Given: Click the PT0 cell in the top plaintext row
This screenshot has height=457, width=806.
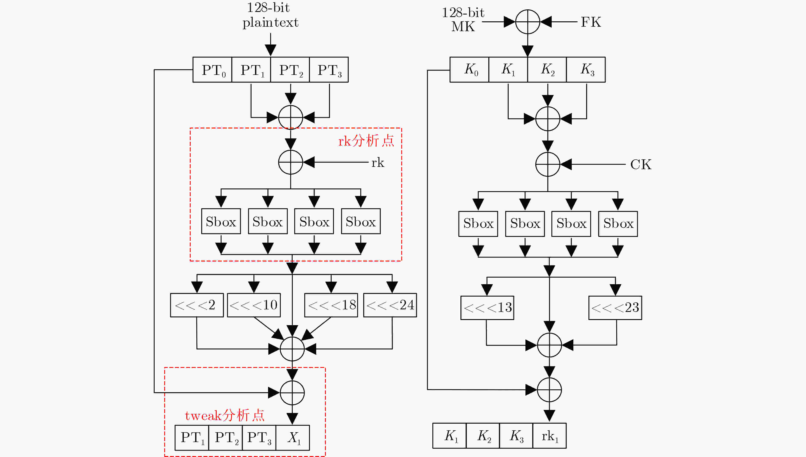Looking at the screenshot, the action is coord(212,70).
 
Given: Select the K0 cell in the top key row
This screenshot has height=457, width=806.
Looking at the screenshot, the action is coord(470,70).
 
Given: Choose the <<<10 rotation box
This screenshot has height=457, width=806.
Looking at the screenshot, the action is coord(254,305).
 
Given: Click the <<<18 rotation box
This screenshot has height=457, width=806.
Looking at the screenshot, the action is coord(331,305).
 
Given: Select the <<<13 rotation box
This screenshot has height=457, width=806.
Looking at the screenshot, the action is coord(487,308).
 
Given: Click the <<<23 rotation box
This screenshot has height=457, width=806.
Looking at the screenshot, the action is coord(615,308).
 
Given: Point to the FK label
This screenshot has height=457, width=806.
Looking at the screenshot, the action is coord(591,22).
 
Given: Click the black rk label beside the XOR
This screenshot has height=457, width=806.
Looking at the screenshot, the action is coord(378,163).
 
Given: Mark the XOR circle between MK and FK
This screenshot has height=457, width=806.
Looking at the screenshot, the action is coord(528,22).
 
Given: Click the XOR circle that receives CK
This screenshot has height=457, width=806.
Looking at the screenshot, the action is coord(548,164).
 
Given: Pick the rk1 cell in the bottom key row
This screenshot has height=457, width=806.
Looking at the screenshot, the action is coord(550,436).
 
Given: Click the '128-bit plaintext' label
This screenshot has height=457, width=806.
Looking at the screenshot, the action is coord(270,15).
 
